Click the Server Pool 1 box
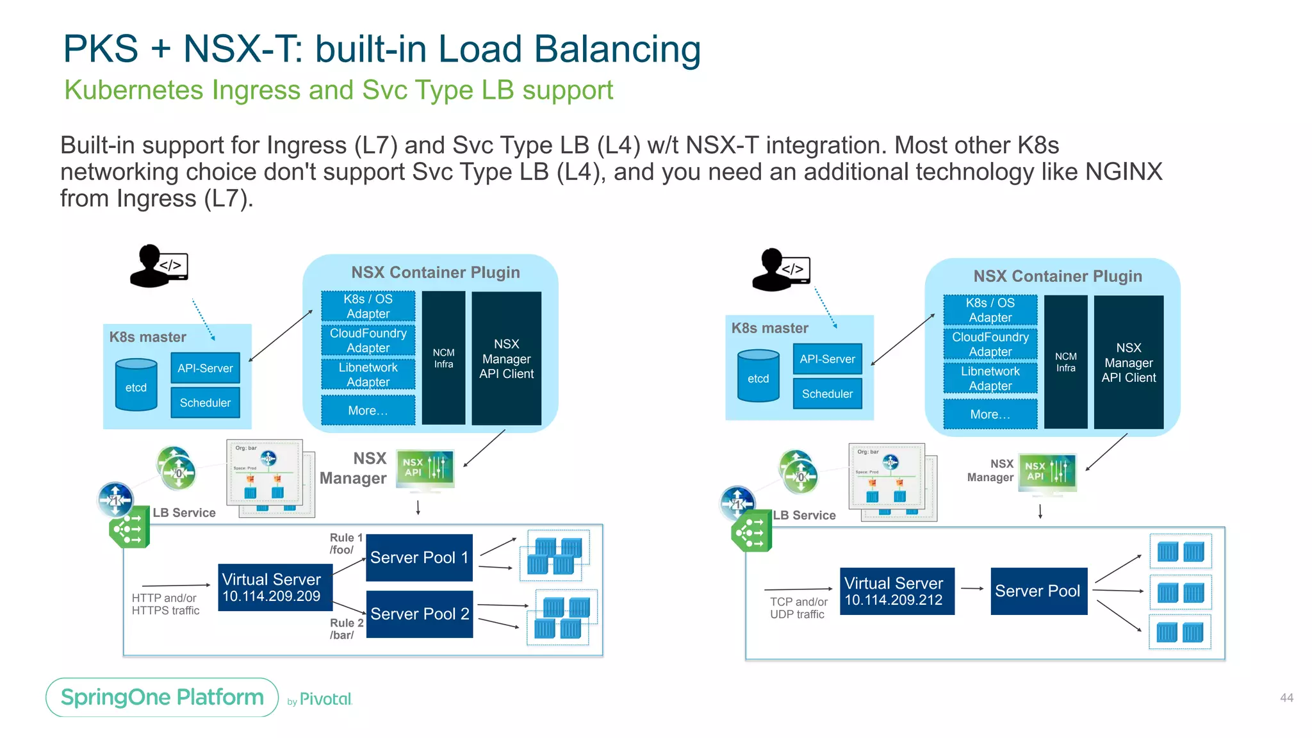click(419, 557)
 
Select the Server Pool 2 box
click(419, 614)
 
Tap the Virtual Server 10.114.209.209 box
click(275, 587)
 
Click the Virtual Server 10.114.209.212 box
click(896, 591)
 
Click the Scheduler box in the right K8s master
click(827, 394)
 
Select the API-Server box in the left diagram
click(205, 368)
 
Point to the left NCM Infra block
click(443, 358)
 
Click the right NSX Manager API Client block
click(1128, 362)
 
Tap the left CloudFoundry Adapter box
click(368, 340)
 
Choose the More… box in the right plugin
click(990, 414)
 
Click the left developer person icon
click(158, 266)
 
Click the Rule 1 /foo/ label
click(346, 544)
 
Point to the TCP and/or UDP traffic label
click(798, 608)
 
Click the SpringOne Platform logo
click(162, 697)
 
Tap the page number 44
click(1286, 698)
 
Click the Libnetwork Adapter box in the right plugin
click(990, 379)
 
